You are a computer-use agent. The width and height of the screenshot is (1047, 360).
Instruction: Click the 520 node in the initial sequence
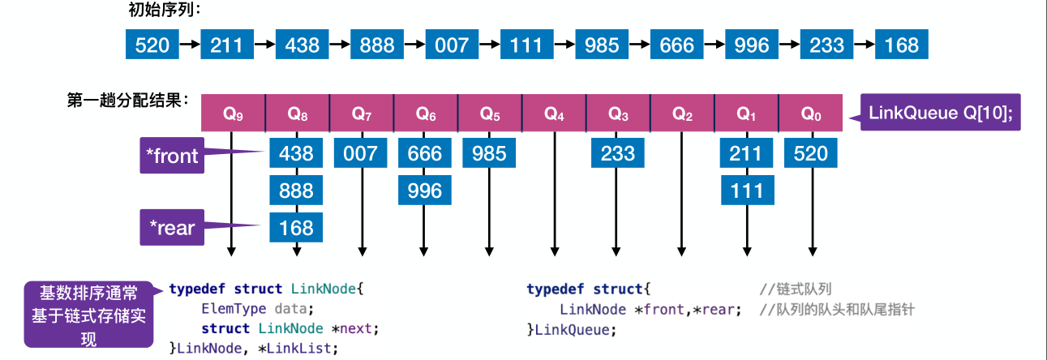[x=152, y=45]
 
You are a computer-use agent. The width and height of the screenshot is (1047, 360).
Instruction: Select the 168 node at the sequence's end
[x=902, y=45]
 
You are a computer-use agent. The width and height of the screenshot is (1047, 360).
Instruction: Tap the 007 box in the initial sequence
[x=452, y=45]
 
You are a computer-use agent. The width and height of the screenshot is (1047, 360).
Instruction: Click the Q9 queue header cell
[x=233, y=114]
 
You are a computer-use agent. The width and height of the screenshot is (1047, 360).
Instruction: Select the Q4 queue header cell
[x=554, y=114]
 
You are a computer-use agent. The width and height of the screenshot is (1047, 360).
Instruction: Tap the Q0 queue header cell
[x=811, y=114]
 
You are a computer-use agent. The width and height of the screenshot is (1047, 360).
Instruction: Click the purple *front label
[x=170, y=156]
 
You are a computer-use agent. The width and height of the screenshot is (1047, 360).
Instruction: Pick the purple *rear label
[x=170, y=228]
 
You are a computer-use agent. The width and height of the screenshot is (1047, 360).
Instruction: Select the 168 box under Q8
[x=296, y=228]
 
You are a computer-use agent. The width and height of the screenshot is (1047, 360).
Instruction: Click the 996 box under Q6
[x=425, y=191]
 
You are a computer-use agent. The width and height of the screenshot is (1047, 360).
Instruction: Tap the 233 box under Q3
[x=618, y=152]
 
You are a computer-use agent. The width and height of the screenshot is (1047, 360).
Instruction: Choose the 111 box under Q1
[x=747, y=191]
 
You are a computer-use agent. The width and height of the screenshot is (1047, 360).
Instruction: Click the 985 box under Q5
[x=489, y=152]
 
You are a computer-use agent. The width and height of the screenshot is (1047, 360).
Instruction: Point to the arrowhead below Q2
[x=682, y=251]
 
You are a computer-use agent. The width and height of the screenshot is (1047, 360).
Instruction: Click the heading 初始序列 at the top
[x=163, y=10]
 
